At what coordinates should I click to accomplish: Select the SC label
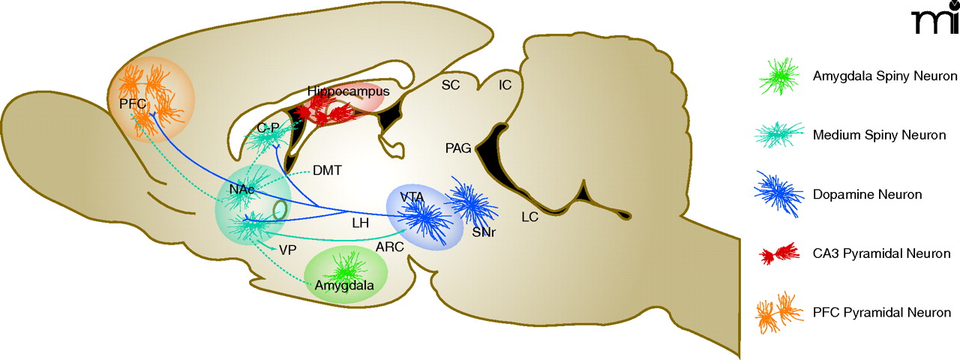tap(451, 85)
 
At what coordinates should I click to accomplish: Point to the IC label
tap(505, 85)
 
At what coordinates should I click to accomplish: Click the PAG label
tap(457, 148)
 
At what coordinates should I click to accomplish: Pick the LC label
tap(530, 217)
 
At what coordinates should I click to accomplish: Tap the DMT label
tap(328, 170)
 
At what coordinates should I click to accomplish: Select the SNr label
tap(484, 232)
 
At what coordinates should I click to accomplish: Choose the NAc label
tap(241, 189)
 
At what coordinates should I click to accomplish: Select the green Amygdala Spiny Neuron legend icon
tap(781, 76)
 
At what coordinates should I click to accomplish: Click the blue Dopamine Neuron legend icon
tap(781, 194)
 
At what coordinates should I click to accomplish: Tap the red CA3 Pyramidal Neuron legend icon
tap(781, 254)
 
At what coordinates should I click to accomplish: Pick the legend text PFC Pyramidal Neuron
tap(882, 313)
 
